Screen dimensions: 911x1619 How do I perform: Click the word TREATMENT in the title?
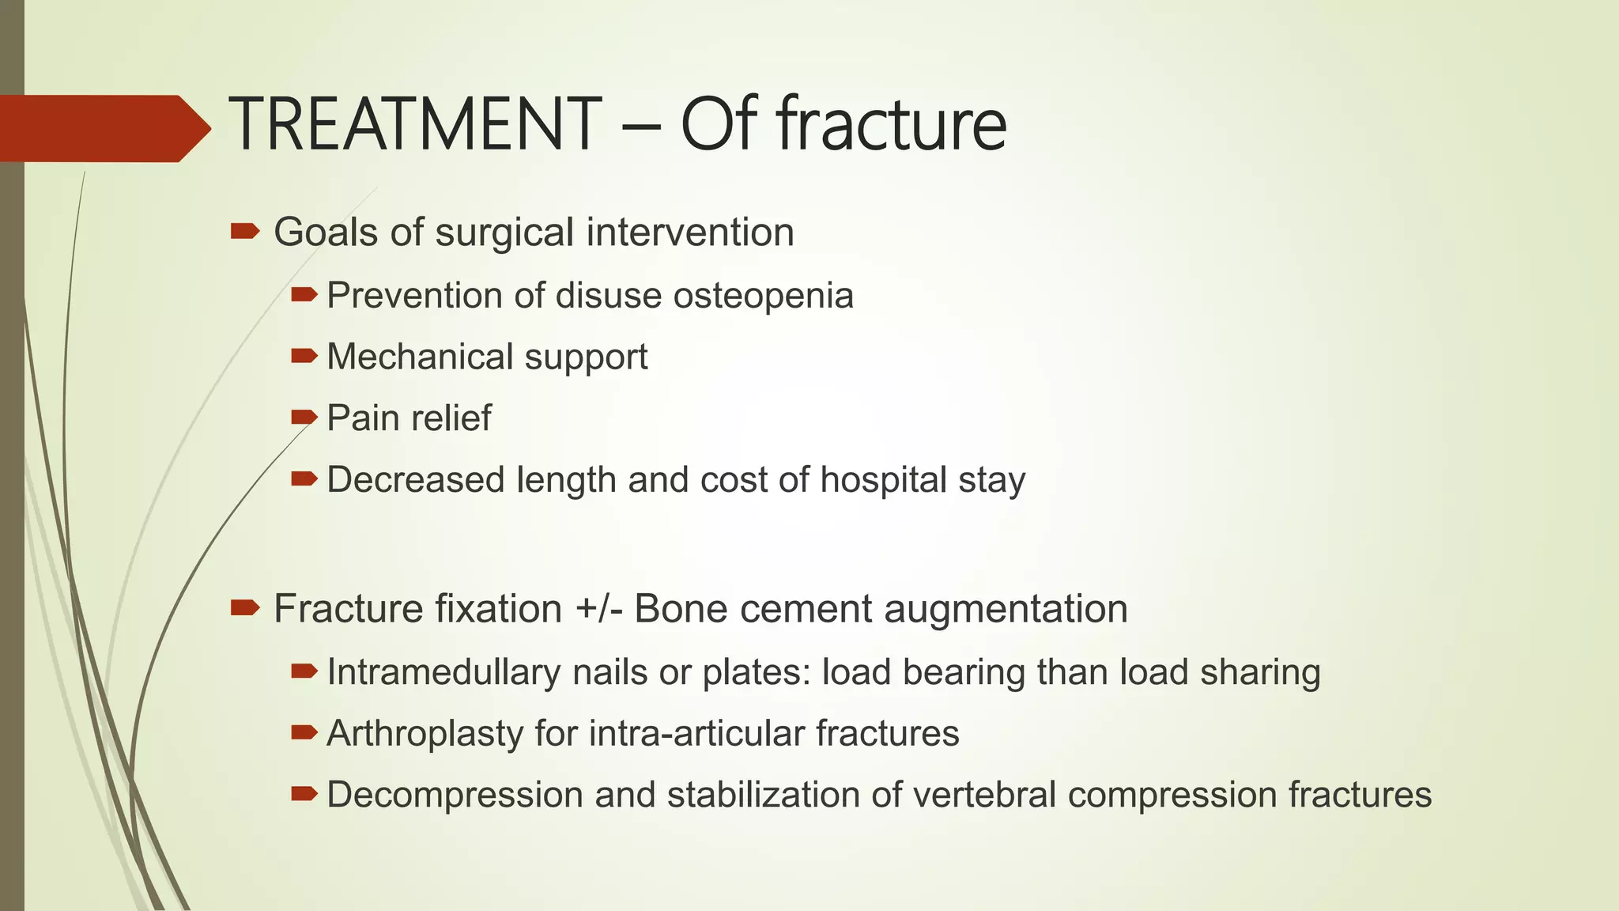click(x=414, y=125)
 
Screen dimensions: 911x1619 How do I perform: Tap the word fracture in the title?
click(x=891, y=125)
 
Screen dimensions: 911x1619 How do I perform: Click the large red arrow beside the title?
click(x=103, y=128)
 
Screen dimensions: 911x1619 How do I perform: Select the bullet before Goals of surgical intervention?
click(x=244, y=231)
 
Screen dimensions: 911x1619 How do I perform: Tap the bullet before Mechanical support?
click(x=304, y=356)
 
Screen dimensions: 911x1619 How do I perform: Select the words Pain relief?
click(x=409, y=418)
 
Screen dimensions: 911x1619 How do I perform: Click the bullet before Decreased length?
click(x=304, y=478)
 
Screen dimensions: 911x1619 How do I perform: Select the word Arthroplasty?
click(x=425, y=734)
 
